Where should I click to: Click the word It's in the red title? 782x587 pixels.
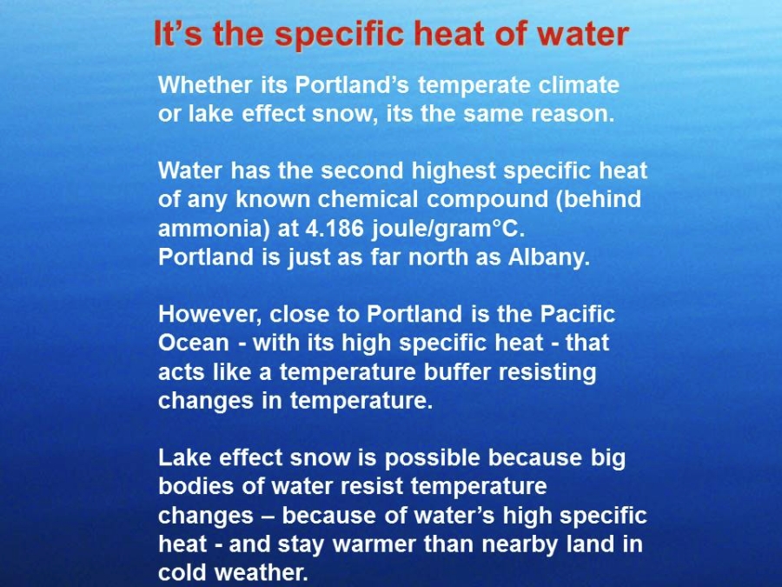point(178,33)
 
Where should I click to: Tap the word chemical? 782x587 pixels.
point(368,200)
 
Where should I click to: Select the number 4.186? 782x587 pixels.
point(335,229)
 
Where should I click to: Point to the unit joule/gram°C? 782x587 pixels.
point(448,229)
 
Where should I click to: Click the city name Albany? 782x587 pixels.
point(549,257)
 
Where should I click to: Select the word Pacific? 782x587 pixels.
point(578,315)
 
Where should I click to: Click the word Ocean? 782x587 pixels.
point(194,343)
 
